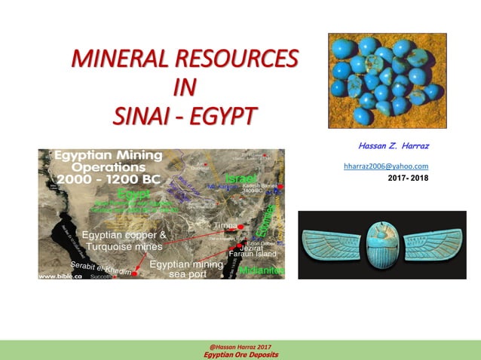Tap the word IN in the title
pyautogui.click(x=185, y=87)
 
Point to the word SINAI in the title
pyautogui.click(x=143, y=116)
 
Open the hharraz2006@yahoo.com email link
pyautogui.click(x=386, y=166)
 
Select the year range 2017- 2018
pyautogui.click(x=408, y=178)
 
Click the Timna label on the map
pyautogui.click(x=224, y=224)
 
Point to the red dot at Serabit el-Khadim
pyautogui.click(x=134, y=274)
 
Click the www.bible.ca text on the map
pyautogui.click(x=60, y=276)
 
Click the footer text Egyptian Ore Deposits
pyautogui.click(x=240, y=354)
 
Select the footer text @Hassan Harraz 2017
pyautogui.click(x=240, y=346)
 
